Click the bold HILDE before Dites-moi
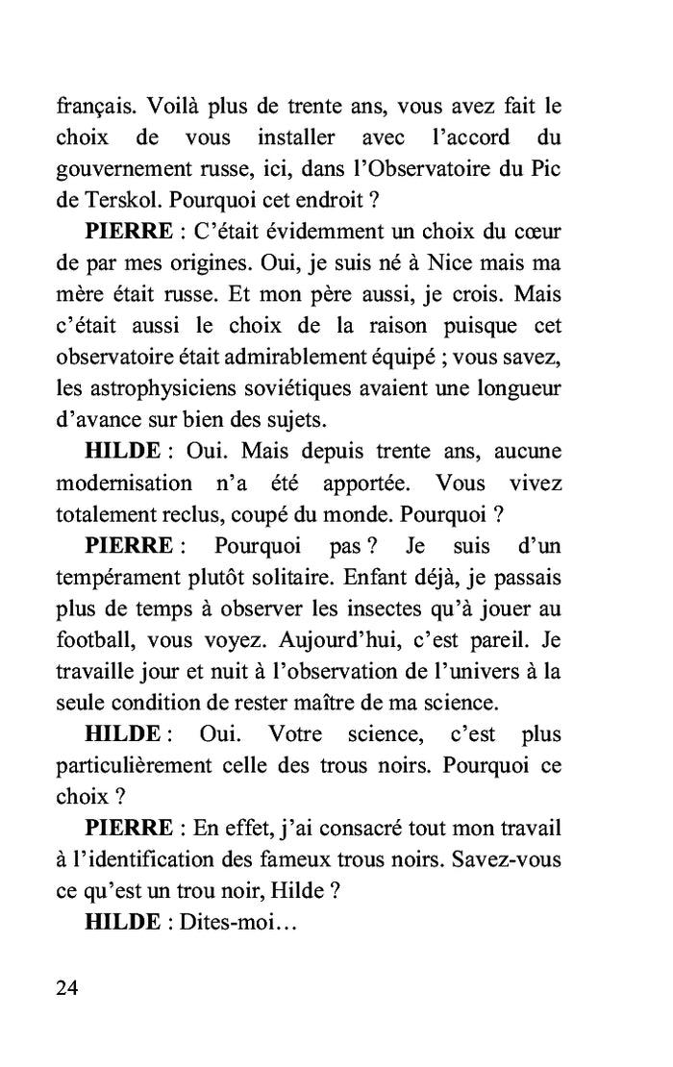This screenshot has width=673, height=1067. (123, 921)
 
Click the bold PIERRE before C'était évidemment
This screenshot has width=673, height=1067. (130, 232)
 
